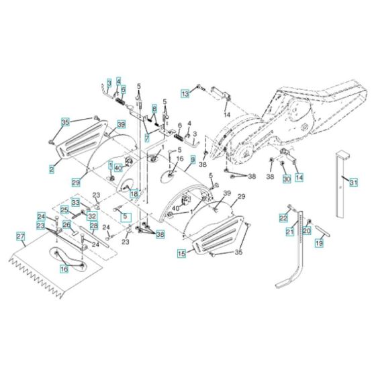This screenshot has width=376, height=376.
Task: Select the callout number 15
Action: pyautogui.click(x=181, y=254)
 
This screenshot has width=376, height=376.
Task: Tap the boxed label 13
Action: pyautogui.click(x=184, y=95)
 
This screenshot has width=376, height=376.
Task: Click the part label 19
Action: pyautogui.click(x=320, y=244)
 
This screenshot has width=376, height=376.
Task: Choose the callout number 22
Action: pyautogui.click(x=283, y=218)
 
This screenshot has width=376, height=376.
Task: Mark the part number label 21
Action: pyautogui.click(x=290, y=232)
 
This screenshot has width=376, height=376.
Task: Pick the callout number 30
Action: pyautogui.click(x=285, y=179)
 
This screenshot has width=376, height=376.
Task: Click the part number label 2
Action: pyautogui.click(x=52, y=170)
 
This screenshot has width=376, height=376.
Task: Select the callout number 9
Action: pyautogui.click(x=193, y=160)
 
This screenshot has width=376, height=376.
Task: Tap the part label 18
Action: pyautogui.click(x=134, y=193)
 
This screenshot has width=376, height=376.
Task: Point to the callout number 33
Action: pyautogui.click(x=76, y=201)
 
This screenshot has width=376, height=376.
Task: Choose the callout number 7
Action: pyautogui.click(x=146, y=138)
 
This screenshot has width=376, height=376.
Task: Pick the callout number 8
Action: pyautogui.click(x=154, y=109)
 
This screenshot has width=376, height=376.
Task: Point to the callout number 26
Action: pyautogui.click(x=66, y=224)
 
